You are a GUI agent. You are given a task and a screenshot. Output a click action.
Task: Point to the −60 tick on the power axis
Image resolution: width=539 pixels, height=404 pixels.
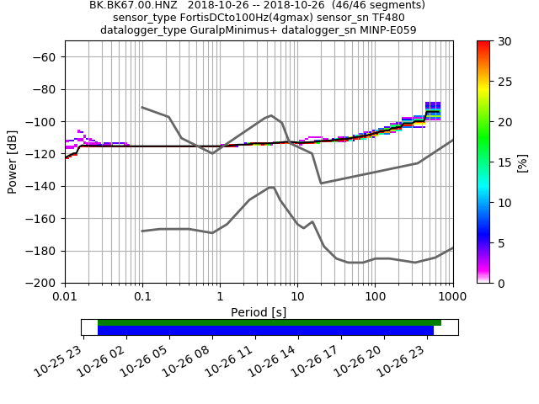44,57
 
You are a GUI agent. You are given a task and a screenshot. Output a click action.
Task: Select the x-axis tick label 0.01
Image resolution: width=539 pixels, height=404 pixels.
65,297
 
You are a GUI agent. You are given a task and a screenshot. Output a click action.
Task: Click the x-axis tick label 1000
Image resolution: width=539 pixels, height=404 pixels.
452,297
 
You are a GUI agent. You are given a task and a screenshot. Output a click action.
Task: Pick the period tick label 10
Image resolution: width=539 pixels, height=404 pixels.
297,297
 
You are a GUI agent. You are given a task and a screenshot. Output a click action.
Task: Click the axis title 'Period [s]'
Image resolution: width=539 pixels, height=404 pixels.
259,312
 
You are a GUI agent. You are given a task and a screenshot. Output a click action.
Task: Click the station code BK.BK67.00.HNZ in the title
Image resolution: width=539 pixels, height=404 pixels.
134,5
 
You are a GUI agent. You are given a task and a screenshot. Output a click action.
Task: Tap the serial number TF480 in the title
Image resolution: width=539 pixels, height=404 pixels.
387,18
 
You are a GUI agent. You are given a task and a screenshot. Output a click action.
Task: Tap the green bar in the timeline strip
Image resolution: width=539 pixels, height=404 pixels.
269,322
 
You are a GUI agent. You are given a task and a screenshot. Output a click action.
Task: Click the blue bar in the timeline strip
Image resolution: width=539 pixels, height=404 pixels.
265,331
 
